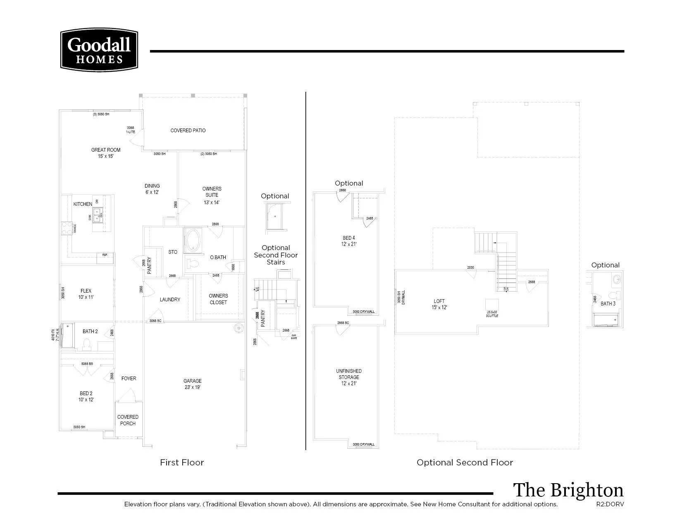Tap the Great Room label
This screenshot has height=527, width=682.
[106, 153]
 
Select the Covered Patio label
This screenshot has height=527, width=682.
[188, 131]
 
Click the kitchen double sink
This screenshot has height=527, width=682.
[97, 215]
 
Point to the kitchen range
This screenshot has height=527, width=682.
[67, 228]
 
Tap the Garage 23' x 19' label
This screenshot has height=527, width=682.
[193, 384]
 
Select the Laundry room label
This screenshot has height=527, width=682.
[170, 300]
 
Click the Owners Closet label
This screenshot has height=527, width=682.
[218, 299]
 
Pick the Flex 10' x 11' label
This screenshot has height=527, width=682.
[86, 294]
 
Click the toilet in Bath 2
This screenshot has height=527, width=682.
[87, 344]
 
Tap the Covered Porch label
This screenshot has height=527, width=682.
[128, 420]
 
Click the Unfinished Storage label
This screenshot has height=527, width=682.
[349, 377]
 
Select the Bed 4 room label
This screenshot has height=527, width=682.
[349, 241]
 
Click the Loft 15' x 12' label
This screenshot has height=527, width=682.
[439, 304]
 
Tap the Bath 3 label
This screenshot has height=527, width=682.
[608, 304]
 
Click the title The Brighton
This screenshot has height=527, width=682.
[568, 490]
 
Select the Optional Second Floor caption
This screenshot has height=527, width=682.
[465, 463]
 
